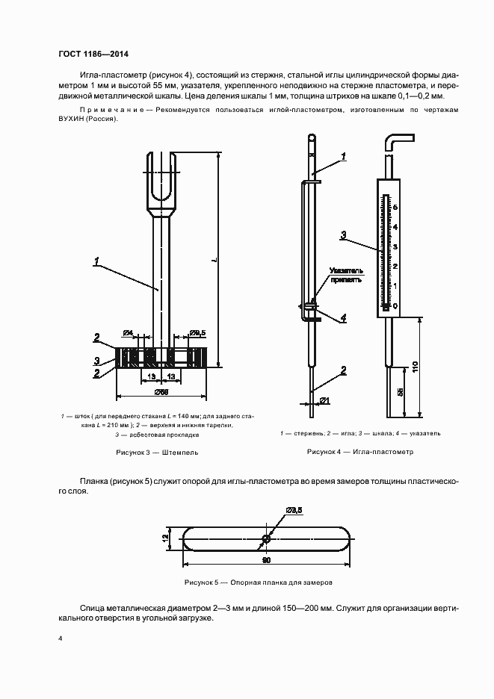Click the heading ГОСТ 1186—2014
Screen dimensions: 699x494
(x=93, y=54)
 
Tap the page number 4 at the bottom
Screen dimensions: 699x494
(x=61, y=639)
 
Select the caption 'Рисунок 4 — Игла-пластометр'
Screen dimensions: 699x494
(x=359, y=452)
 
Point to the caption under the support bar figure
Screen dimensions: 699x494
(x=258, y=582)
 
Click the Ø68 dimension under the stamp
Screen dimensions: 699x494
(x=161, y=391)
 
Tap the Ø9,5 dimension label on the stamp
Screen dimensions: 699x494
(x=197, y=332)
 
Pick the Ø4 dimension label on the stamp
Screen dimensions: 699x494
(x=128, y=332)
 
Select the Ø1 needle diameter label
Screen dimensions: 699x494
(x=325, y=402)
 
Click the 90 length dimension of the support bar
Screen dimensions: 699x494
(x=265, y=558)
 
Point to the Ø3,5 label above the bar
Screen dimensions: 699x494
(x=293, y=509)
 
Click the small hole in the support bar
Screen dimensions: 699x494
(x=266, y=538)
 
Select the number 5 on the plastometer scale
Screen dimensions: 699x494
(x=395, y=207)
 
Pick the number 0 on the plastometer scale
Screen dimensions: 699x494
(x=395, y=305)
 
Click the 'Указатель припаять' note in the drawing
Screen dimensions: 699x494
(x=346, y=275)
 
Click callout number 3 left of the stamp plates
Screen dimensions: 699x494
(x=96, y=361)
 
